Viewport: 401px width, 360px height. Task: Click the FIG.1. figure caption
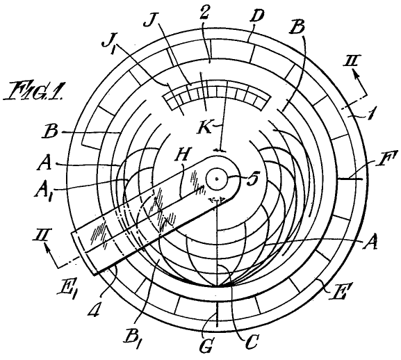coord(33,90)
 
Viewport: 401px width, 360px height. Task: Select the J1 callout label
coord(109,42)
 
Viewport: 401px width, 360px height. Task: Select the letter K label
coord(204,127)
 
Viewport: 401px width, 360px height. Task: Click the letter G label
coord(205,347)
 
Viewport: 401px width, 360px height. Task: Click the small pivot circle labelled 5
coord(217,179)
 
